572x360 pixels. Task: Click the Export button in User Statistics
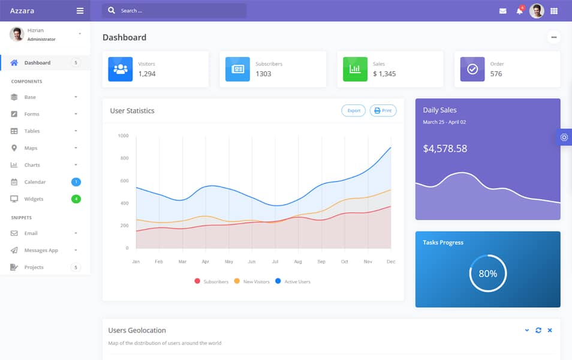[x=353, y=110]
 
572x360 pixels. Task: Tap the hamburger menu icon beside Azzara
[x=80, y=11]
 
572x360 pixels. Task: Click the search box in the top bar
[x=174, y=11]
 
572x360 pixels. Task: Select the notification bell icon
[x=519, y=11]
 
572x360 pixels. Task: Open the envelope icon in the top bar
[x=502, y=11]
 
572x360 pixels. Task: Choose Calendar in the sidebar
[x=35, y=182]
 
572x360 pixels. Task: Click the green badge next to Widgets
[x=76, y=199]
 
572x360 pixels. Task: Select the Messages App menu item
[x=41, y=250]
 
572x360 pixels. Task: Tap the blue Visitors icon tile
[x=121, y=69]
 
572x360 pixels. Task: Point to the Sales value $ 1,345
[x=384, y=74]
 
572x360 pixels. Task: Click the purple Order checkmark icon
[x=472, y=69]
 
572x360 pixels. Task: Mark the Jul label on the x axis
[x=275, y=262]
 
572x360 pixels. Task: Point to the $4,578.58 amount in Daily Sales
[x=445, y=148]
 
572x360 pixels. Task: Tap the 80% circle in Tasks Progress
[x=487, y=274]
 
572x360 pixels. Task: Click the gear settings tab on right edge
[x=564, y=137]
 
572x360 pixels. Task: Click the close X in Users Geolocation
[x=550, y=330]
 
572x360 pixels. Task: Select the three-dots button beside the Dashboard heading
[x=553, y=37]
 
